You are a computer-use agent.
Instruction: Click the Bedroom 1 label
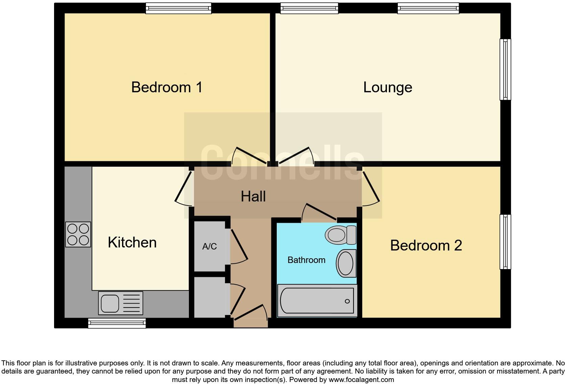[x=167, y=87]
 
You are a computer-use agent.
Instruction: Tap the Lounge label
[x=387, y=88]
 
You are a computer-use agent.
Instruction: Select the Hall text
[x=253, y=196]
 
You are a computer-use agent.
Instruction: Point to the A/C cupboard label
[x=210, y=246]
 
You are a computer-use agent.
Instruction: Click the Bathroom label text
[x=306, y=260]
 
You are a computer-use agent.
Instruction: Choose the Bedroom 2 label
[x=426, y=245]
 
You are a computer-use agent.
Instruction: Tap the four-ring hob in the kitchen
[x=78, y=235]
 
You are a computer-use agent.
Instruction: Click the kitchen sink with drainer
[x=121, y=303]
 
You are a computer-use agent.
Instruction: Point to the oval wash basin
[x=346, y=263]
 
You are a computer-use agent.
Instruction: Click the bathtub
[x=317, y=301]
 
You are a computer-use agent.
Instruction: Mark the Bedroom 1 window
[x=178, y=8]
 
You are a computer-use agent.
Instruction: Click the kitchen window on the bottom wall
[x=117, y=323]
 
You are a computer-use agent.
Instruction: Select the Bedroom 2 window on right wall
[x=505, y=242]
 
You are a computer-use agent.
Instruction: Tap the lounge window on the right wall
[x=505, y=69]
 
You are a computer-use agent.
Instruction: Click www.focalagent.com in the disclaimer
[x=361, y=380]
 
